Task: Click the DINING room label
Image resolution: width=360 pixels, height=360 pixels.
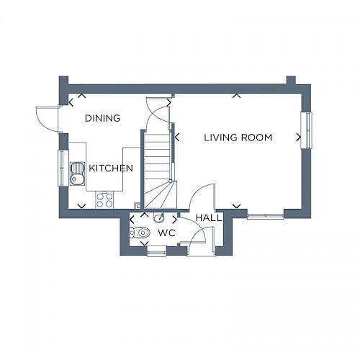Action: tap(102, 118)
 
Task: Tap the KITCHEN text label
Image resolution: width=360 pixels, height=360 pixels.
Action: tap(111, 168)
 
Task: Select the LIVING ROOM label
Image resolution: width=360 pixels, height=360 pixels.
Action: tap(237, 137)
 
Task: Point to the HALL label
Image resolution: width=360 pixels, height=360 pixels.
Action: tap(208, 217)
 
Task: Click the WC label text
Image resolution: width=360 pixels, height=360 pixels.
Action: tap(166, 233)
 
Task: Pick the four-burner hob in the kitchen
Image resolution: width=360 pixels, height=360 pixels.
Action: tap(104, 199)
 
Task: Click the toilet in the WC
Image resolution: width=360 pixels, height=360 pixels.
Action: tap(140, 233)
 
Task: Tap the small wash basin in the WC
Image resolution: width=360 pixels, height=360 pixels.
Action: tap(159, 218)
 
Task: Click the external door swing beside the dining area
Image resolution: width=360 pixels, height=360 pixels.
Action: tap(48, 116)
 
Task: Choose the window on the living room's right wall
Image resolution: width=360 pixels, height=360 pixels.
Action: tap(307, 130)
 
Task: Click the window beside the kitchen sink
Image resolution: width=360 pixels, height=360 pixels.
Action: tap(62, 168)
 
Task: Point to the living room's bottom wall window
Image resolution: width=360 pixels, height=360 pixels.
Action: tap(265, 214)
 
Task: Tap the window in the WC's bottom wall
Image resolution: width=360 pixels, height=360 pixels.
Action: tap(156, 251)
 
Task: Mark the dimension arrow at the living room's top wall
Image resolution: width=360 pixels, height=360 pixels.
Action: tap(236, 96)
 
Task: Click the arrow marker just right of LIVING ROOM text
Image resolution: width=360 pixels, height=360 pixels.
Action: tap(297, 136)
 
